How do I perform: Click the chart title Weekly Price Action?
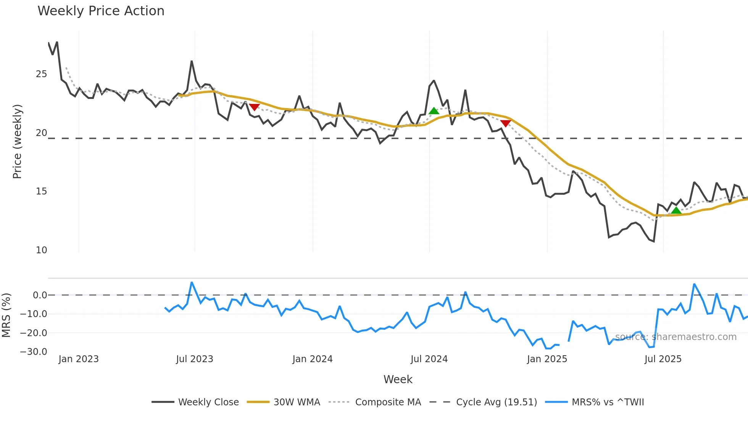point(101,11)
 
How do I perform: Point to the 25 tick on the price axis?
point(41,74)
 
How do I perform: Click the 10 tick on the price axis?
point(41,250)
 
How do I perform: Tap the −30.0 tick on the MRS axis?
point(34,352)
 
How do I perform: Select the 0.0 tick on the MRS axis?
point(40,295)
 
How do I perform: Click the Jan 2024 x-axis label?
point(313,359)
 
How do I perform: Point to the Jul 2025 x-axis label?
point(663,359)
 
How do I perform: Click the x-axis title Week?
point(398,379)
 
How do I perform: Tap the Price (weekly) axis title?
point(17,141)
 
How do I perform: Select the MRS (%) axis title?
point(6,315)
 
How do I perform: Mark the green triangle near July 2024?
point(434,111)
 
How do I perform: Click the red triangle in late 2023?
point(254,107)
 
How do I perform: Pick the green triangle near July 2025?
point(676,210)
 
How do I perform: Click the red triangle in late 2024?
point(506,123)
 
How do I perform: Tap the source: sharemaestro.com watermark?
point(675,337)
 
